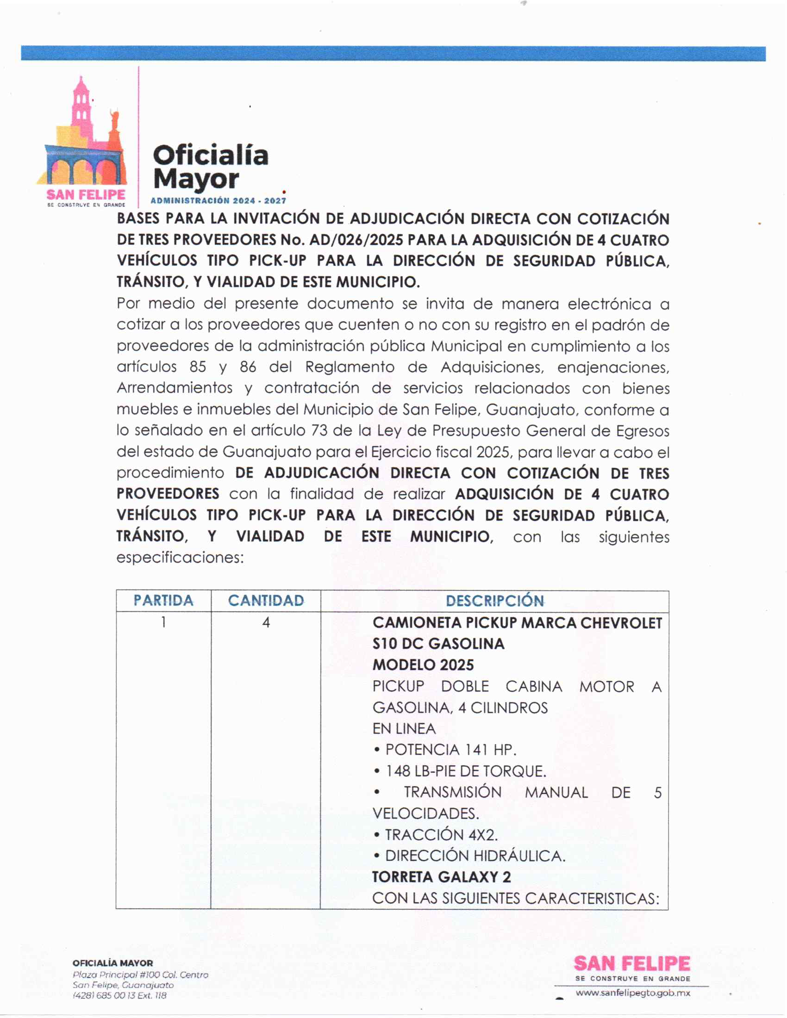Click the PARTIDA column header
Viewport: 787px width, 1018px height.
tap(163, 600)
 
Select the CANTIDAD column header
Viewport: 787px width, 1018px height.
tap(266, 600)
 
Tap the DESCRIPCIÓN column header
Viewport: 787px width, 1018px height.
tap(495, 600)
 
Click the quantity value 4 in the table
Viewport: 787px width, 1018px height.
tap(266, 622)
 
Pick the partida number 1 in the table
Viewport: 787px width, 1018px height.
tap(163, 622)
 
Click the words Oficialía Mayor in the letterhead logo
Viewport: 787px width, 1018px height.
tap(210, 168)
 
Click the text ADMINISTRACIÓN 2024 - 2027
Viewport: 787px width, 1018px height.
tap(218, 201)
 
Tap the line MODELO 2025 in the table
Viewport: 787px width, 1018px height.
tap(423, 664)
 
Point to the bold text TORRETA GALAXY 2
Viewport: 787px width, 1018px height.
tap(441, 877)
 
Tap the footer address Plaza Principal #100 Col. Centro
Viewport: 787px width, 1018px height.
tap(140, 975)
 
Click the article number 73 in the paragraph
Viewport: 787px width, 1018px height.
tap(319, 430)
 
